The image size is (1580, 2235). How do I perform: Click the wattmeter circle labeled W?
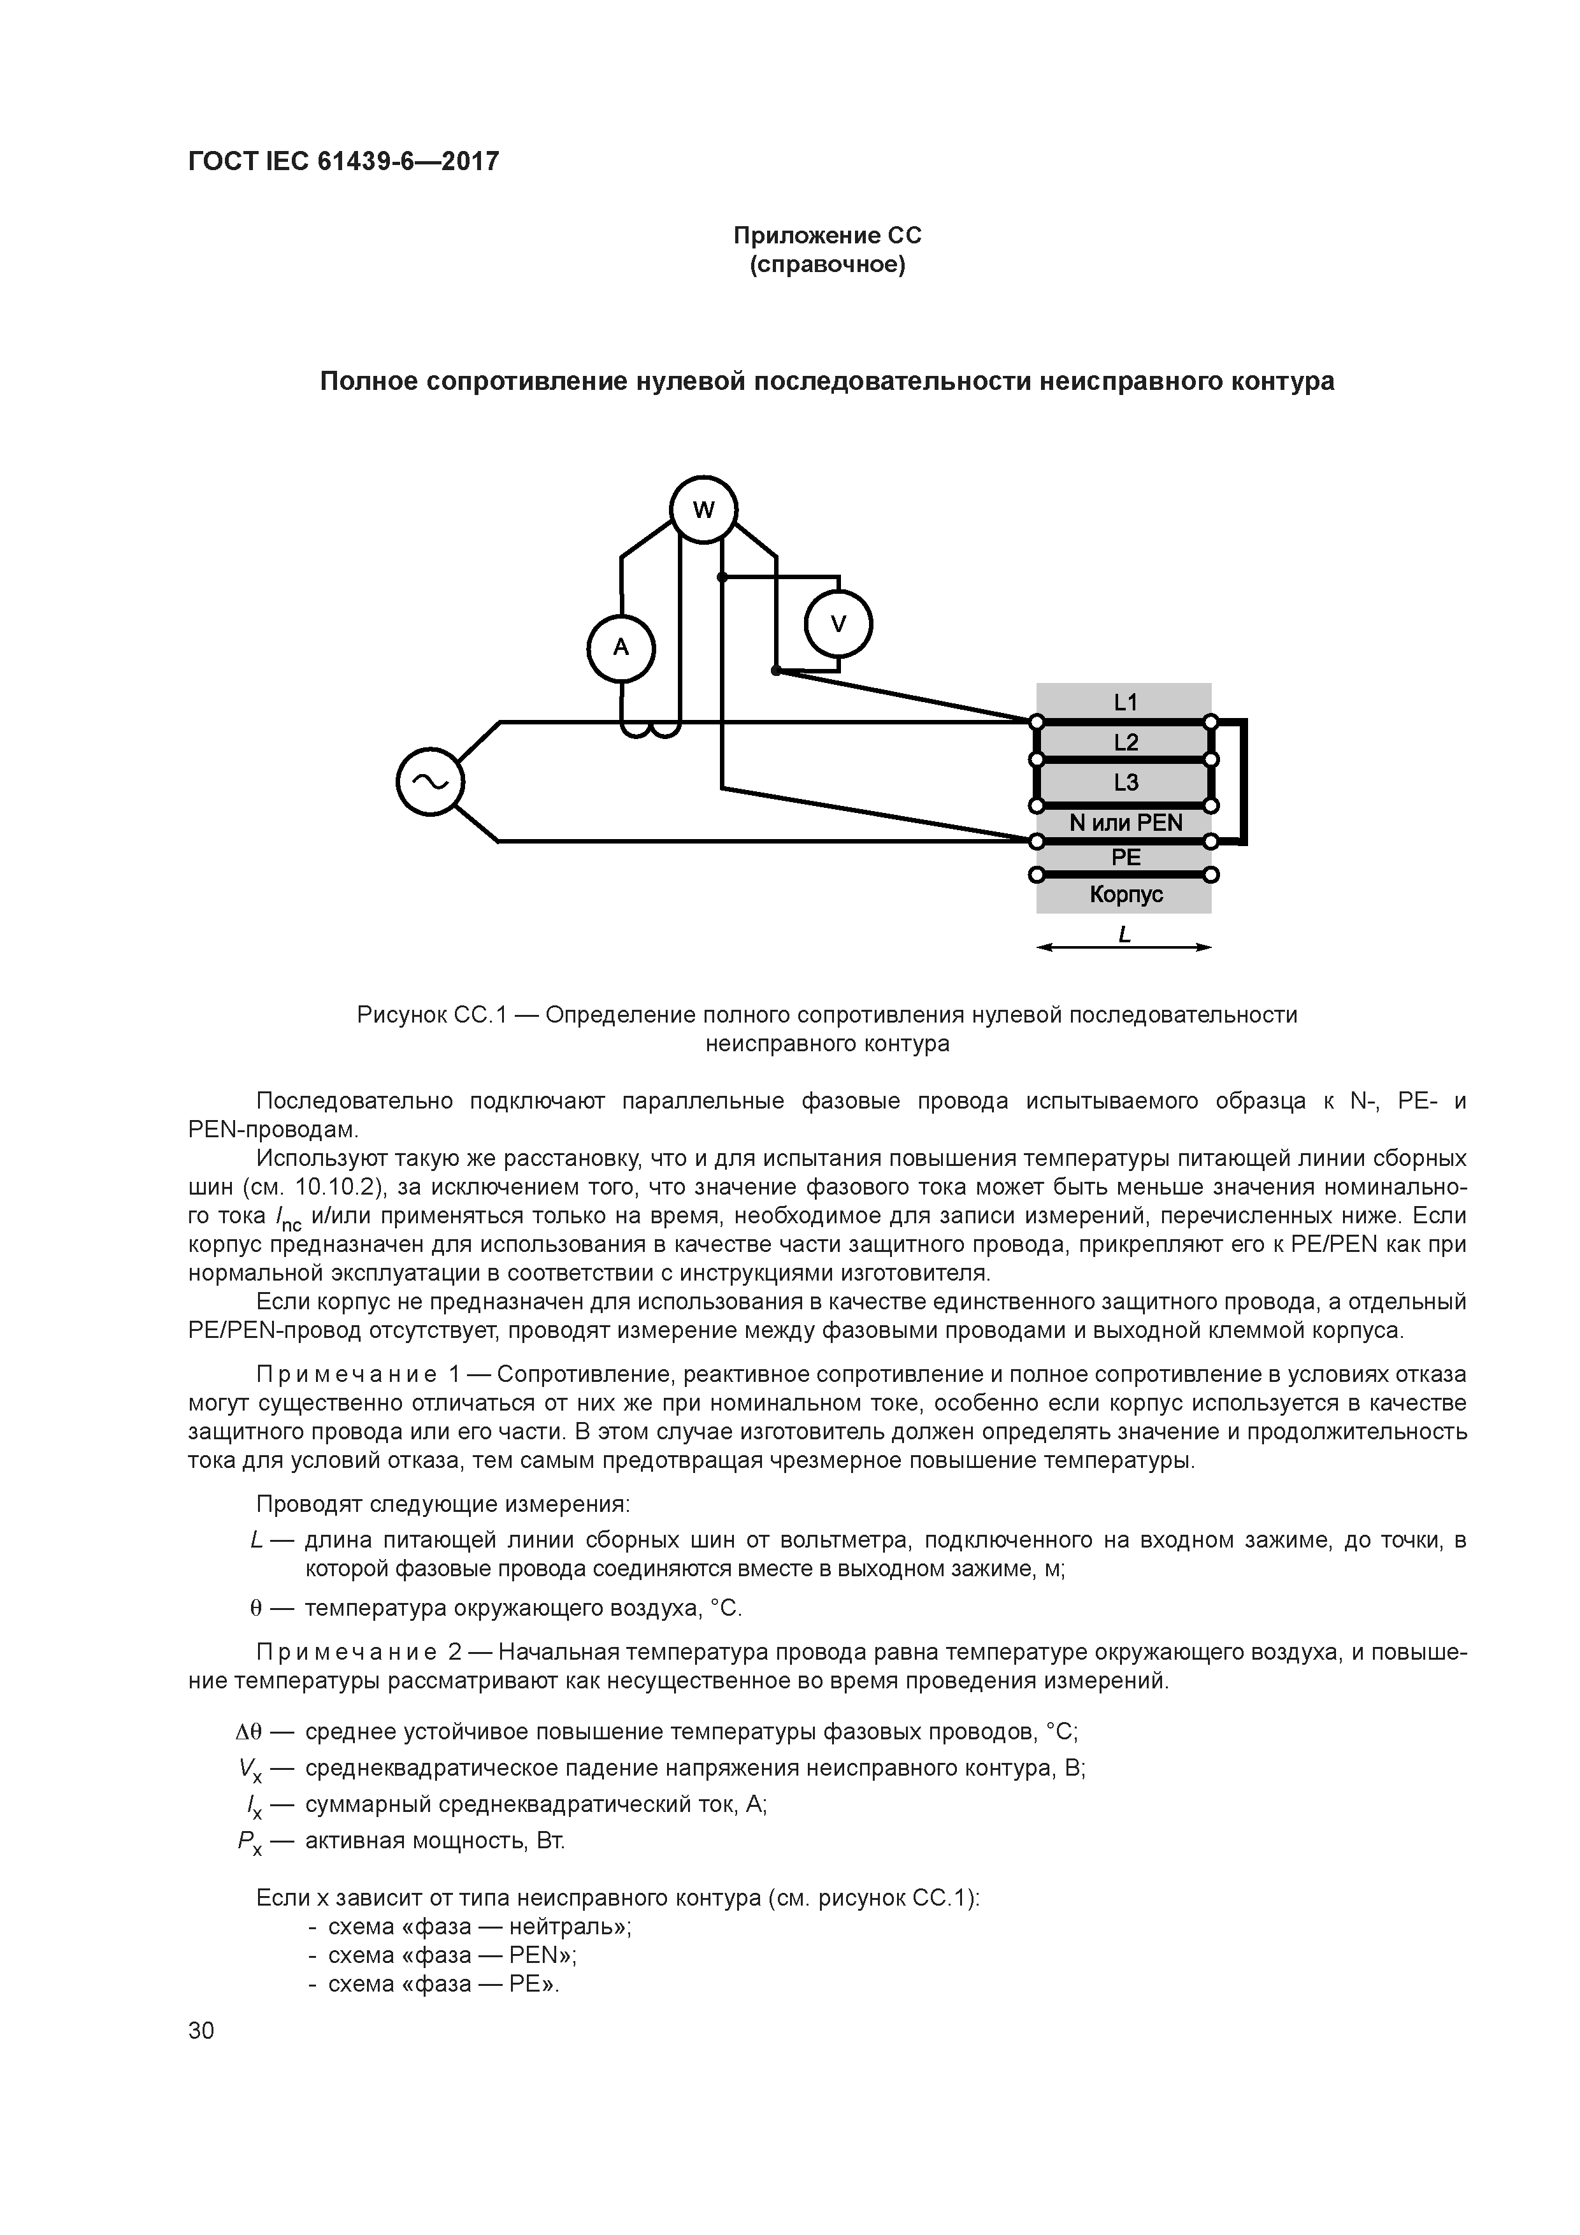pos(703,509)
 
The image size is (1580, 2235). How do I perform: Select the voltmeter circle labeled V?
pos(838,624)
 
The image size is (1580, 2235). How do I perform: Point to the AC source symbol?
pos(430,780)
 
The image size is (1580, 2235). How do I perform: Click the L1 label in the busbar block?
pos(1125,702)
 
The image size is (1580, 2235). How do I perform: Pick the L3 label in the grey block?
pos(1125,782)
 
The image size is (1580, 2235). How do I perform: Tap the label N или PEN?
pos(1125,823)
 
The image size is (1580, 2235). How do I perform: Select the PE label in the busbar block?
pos(1125,858)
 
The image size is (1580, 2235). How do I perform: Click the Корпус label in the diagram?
pos(1125,894)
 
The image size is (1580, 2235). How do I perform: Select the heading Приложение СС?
pos(826,236)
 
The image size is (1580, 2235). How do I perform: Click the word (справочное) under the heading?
pos(826,265)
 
